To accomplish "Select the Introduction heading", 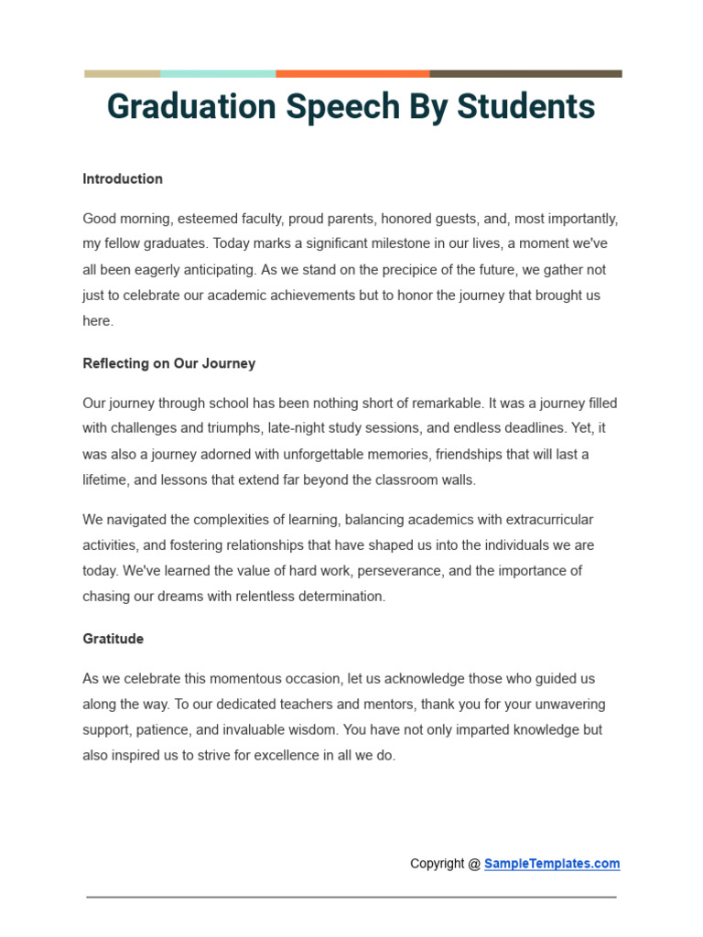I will pyautogui.click(x=123, y=179).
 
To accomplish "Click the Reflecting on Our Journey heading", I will pyautogui.click(x=169, y=363).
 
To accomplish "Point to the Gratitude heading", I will pyautogui.click(x=114, y=639).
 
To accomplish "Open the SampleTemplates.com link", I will pyautogui.click(x=552, y=864).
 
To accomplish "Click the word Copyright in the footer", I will pyautogui.click(x=438, y=864).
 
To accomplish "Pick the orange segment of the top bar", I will pyautogui.click(x=352, y=74).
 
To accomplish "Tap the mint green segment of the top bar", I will pyautogui.click(x=218, y=74).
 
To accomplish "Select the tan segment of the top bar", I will pyautogui.click(x=122, y=74).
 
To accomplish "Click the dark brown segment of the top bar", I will pyautogui.click(x=525, y=74).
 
